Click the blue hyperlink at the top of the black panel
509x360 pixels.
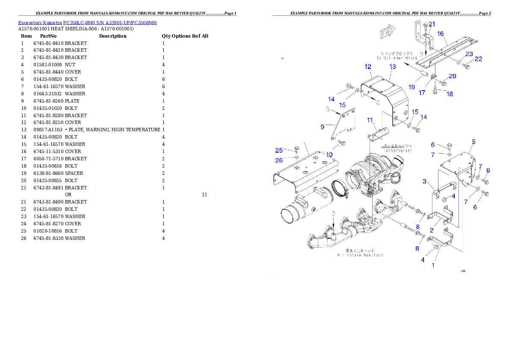[87, 23]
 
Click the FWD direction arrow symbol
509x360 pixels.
[386, 33]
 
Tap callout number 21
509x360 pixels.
[432, 24]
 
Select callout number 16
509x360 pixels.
[440, 33]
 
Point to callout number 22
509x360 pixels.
[478, 59]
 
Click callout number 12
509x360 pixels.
[368, 67]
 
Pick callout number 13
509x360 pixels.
[393, 66]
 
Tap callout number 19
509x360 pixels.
[411, 87]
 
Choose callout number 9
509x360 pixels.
[322, 127]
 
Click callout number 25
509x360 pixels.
[279, 150]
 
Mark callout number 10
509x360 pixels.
[329, 154]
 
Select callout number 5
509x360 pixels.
[473, 142]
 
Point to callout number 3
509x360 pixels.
[425, 181]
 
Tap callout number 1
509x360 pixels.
[433, 265]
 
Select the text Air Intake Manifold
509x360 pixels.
[360, 255]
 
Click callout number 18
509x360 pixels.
[449, 94]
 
